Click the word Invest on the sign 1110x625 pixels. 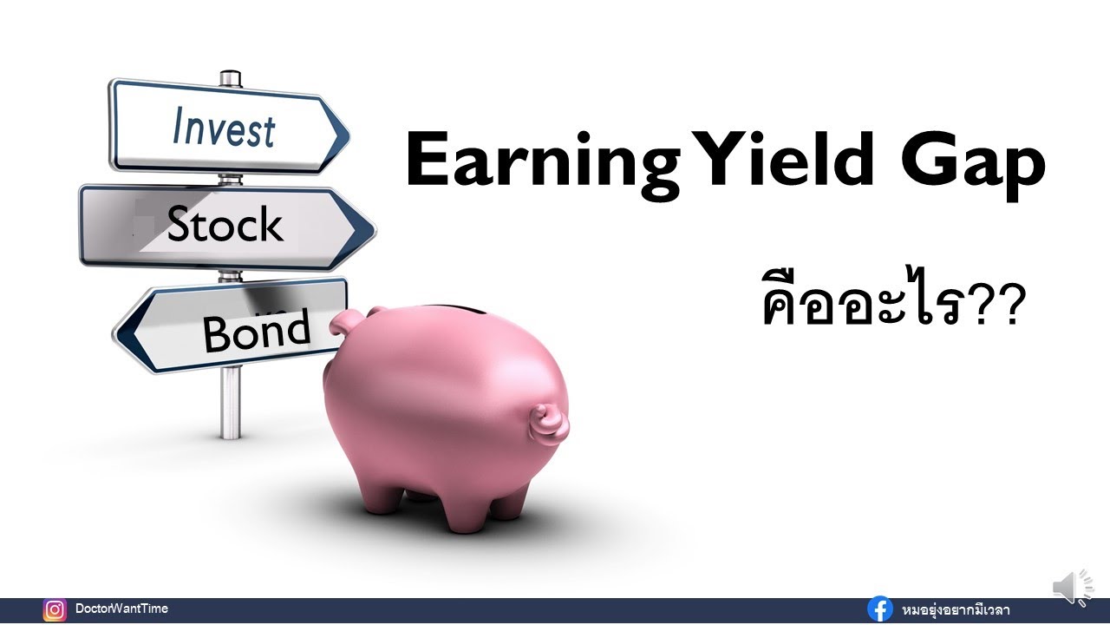[224, 128]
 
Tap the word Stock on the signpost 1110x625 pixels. [225, 225]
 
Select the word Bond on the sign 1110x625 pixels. [256, 331]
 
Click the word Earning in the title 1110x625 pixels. [543, 161]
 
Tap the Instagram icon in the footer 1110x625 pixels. [55, 610]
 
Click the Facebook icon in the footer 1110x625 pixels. [880, 610]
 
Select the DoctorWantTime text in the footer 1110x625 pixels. [121, 609]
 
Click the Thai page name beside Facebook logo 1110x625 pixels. [954, 610]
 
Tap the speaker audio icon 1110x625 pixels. [1074, 588]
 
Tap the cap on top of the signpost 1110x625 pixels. [230, 78]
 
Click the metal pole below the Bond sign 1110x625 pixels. [230, 404]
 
